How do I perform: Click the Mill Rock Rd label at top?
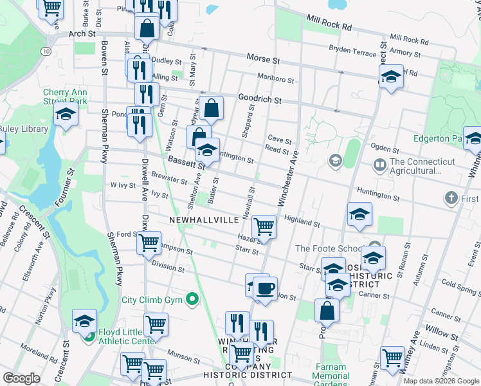pos(329,23)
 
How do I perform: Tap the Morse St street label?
pos(264,59)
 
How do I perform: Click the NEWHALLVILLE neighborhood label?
pos(204,219)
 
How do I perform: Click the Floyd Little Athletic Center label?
pos(126,337)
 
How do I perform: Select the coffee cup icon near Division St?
pos(265,288)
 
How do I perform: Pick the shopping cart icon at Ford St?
pos(149,243)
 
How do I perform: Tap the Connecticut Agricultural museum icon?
pos(380,166)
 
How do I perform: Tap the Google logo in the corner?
pos(21,378)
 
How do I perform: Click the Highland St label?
pos(302,221)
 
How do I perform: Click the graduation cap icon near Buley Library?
pos(66,116)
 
